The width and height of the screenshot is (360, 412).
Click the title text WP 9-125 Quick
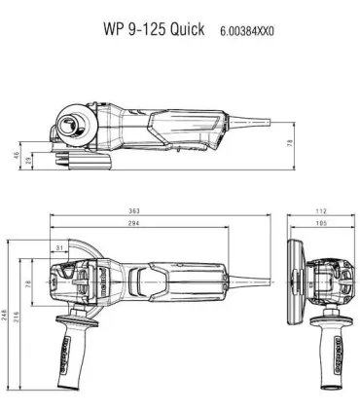pos(154,29)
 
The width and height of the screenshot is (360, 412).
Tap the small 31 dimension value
pos(60,249)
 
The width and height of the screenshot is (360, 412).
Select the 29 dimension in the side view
pos(27,158)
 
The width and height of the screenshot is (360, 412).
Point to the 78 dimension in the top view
pos(27,282)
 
